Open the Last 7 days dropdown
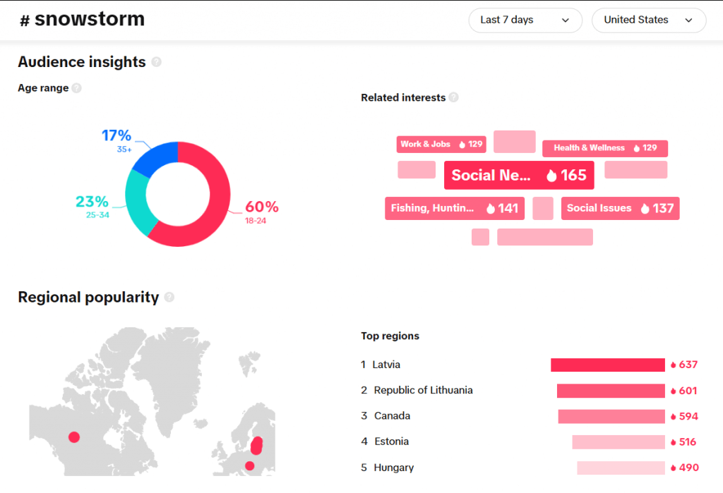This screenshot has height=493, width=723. click(525, 20)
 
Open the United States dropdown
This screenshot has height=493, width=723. click(648, 20)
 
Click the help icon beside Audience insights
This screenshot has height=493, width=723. click(157, 62)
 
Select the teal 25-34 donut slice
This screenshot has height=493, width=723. click(137, 200)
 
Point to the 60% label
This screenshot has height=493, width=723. click(261, 207)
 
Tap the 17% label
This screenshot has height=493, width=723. click(116, 135)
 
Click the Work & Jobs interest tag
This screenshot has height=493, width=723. click(441, 145)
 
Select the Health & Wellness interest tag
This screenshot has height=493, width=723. click(605, 148)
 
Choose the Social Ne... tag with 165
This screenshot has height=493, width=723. click(519, 176)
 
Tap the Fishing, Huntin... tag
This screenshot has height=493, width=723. click(454, 208)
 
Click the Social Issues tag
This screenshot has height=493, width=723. click(620, 208)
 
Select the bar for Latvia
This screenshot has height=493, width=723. click(607, 365)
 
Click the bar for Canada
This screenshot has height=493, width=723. click(611, 416)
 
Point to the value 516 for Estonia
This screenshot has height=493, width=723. click(687, 442)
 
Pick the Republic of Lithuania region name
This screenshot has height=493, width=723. click(423, 390)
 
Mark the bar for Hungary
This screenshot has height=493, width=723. click(621, 468)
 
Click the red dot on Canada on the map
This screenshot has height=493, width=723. click(74, 437)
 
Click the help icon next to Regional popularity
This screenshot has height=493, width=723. click(169, 298)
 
